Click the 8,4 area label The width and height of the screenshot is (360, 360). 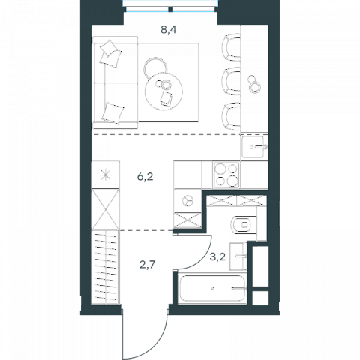tap(169, 30)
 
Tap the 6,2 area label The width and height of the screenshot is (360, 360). tap(145, 177)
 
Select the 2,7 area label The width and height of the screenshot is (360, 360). tap(147, 264)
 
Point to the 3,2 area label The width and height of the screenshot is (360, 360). tap(217, 256)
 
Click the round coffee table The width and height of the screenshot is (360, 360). tap(163, 91)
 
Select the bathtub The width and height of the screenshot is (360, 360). tap(213, 288)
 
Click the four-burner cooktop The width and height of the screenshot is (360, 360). tap(226, 175)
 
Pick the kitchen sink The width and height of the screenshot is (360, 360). tap(253, 147)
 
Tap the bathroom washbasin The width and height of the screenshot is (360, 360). tap(238, 256)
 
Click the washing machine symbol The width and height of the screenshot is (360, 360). tap(187, 201)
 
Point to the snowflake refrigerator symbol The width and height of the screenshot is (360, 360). tap(106, 175)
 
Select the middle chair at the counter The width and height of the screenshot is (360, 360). tap(231, 81)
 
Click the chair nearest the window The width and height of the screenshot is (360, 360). tap(231, 47)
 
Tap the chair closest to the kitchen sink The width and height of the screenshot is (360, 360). tap(231, 116)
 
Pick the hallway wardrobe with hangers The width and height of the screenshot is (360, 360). tap(106, 268)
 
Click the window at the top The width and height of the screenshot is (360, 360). tap(170, 6)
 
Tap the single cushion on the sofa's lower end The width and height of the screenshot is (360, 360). tap(112, 112)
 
